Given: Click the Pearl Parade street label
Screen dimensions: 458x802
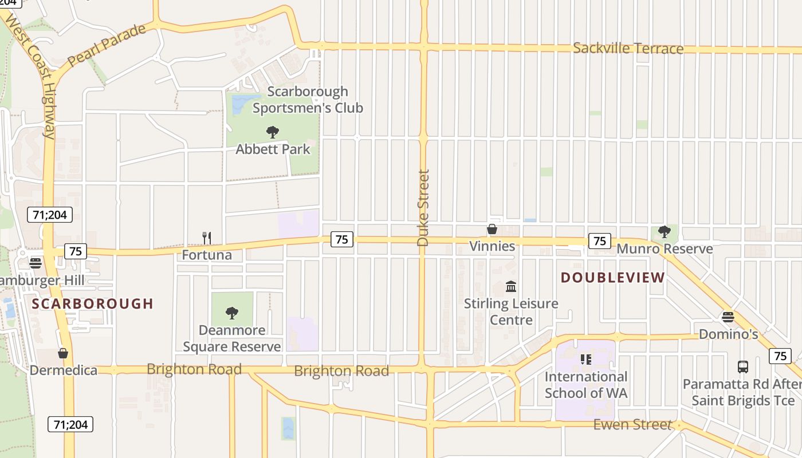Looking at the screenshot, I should point(107,45).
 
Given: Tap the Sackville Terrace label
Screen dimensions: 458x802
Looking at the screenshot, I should point(628,48).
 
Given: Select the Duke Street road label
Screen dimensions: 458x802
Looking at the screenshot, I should point(423,208).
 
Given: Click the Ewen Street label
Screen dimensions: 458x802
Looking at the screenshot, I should point(632,424).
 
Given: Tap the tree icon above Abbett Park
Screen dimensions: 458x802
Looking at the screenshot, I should point(273,132).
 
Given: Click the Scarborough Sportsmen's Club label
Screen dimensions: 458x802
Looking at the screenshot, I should point(308,99).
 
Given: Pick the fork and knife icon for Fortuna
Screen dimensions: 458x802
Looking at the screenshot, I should point(207,238).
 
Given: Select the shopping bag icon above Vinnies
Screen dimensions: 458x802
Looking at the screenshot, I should point(492,230).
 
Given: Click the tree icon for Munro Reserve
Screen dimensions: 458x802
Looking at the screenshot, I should point(665,232).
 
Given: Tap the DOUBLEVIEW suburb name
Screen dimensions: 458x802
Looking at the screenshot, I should point(612,278).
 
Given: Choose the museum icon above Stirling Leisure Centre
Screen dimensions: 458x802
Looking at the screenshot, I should point(511,286).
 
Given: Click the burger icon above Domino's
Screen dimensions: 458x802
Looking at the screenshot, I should point(728,317).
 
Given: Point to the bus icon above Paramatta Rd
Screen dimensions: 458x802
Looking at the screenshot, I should point(742,366).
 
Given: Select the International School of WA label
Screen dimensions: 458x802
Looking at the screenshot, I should point(585,385).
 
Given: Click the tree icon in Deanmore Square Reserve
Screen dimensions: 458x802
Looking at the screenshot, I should point(232,313).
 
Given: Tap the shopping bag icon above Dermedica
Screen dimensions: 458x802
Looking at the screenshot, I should point(63,353).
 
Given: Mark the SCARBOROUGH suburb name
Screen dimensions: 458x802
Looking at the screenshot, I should point(93,303).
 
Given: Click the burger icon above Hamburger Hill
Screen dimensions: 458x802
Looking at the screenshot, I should point(36,263).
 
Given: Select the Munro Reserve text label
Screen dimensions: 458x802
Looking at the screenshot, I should point(665,248).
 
